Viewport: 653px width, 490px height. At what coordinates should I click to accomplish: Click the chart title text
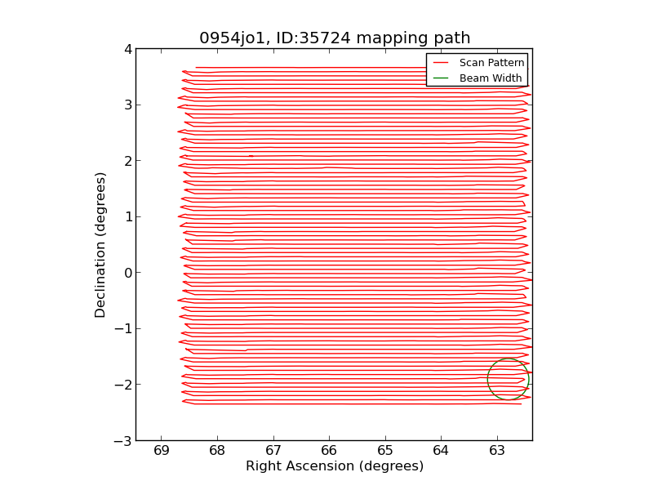tap(335, 38)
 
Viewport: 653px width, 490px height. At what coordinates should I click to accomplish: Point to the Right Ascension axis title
tap(335, 466)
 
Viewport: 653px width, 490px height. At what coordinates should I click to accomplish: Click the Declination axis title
tap(101, 244)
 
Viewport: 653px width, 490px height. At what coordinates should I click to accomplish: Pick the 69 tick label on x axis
tap(161, 451)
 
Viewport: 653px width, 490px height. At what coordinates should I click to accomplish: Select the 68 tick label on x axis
tap(217, 451)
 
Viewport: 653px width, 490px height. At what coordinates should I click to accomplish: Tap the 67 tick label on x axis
tap(273, 451)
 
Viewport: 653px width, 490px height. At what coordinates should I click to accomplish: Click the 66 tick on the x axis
tap(329, 451)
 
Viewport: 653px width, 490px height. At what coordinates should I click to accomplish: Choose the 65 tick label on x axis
tap(385, 451)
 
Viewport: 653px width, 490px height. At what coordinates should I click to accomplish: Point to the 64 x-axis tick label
tap(441, 451)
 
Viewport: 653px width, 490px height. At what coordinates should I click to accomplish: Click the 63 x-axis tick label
tap(497, 451)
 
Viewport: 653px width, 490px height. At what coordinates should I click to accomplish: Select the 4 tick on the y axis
tap(127, 49)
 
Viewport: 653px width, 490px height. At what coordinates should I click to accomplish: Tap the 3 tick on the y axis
tap(127, 105)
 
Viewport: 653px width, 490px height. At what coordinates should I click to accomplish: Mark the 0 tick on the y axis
tap(127, 273)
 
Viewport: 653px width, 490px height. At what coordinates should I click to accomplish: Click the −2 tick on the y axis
tap(122, 385)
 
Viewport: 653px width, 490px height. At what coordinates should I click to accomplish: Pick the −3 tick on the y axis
tap(122, 441)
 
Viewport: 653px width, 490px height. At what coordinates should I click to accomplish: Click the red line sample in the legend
tap(441, 63)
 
